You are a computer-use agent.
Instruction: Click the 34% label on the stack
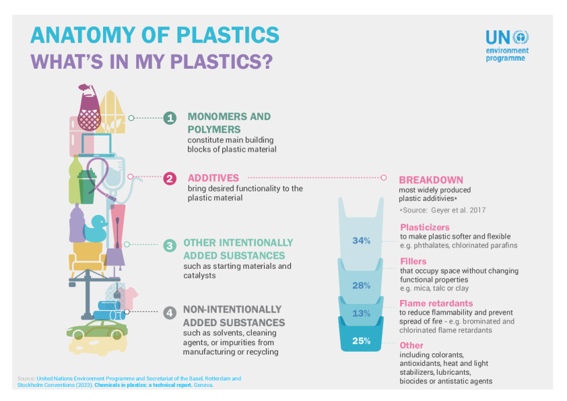click(x=362, y=241)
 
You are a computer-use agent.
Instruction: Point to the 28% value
click(x=362, y=285)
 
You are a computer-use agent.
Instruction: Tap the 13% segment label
click(x=362, y=313)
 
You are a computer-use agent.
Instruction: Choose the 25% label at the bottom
click(x=362, y=340)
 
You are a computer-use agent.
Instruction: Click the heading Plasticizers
click(x=424, y=228)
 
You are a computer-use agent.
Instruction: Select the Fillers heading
click(x=413, y=261)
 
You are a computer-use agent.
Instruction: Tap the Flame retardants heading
click(x=436, y=303)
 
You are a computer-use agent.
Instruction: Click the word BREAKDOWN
click(x=431, y=180)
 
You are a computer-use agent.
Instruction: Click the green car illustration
click(x=97, y=330)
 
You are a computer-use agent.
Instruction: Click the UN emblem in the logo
click(x=521, y=38)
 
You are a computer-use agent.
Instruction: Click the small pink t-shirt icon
click(x=130, y=294)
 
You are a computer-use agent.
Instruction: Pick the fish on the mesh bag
click(x=86, y=88)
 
